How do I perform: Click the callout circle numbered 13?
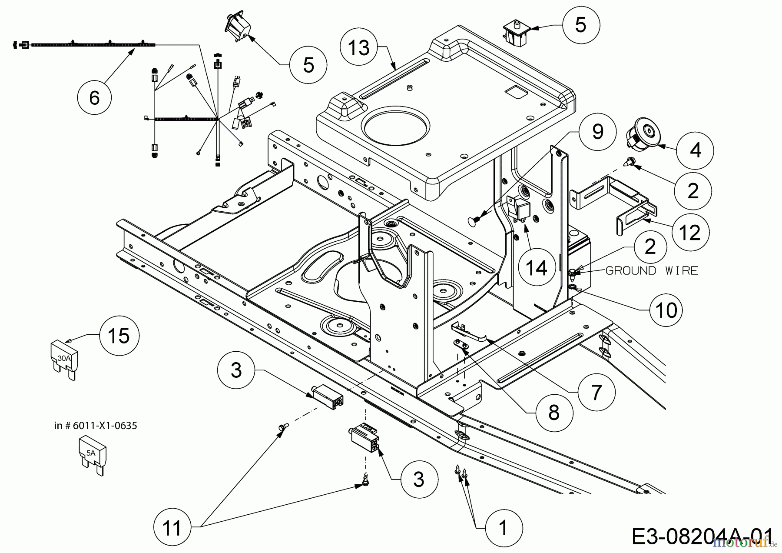pyautogui.click(x=359, y=48)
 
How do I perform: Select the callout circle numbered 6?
pyautogui.click(x=94, y=98)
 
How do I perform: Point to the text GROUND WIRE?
pyautogui.click(x=651, y=271)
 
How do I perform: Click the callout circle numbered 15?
pyautogui.click(x=118, y=336)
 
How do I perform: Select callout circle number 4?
pyautogui.click(x=696, y=150)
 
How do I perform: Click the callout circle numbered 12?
pyautogui.click(x=689, y=233)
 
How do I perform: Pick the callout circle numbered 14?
pyautogui.click(x=537, y=268)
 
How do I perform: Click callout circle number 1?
pyautogui.click(x=503, y=528)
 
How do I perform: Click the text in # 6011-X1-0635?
pyautogui.click(x=96, y=426)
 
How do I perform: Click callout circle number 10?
pyautogui.click(x=666, y=310)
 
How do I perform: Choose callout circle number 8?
pyautogui.click(x=553, y=413)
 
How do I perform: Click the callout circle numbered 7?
pyautogui.click(x=596, y=393)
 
